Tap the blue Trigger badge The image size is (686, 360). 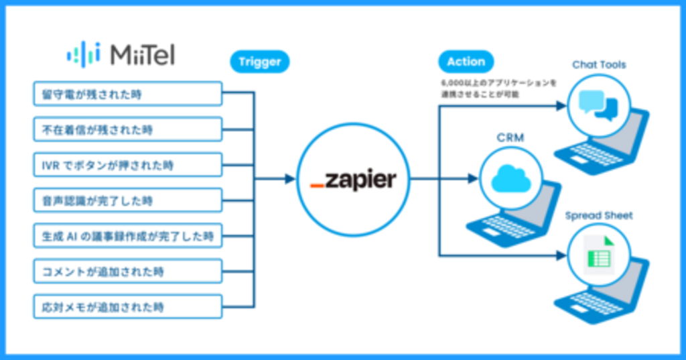tap(260, 62)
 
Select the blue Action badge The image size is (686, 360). tap(466, 62)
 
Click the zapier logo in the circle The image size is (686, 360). tap(353, 180)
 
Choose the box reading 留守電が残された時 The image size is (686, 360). tap(127, 94)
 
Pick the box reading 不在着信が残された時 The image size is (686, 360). tap(127, 129)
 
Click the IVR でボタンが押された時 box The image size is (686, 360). tap(127, 165)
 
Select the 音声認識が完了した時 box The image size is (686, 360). tap(127, 200)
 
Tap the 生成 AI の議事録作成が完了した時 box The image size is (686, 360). tap(127, 236)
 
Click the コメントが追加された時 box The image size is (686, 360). tap(127, 272)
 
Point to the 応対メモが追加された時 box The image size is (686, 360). tap(127, 307)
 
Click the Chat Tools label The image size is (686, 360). tap(598, 64)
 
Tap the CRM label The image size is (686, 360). tap(510, 137)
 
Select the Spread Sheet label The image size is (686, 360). tap(598, 216)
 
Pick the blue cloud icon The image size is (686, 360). tap(510, 179)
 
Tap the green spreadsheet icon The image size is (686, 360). tap(598, 255)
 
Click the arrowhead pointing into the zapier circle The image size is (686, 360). tap(289, 179)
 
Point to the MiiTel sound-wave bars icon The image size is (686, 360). tap(83, 54)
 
